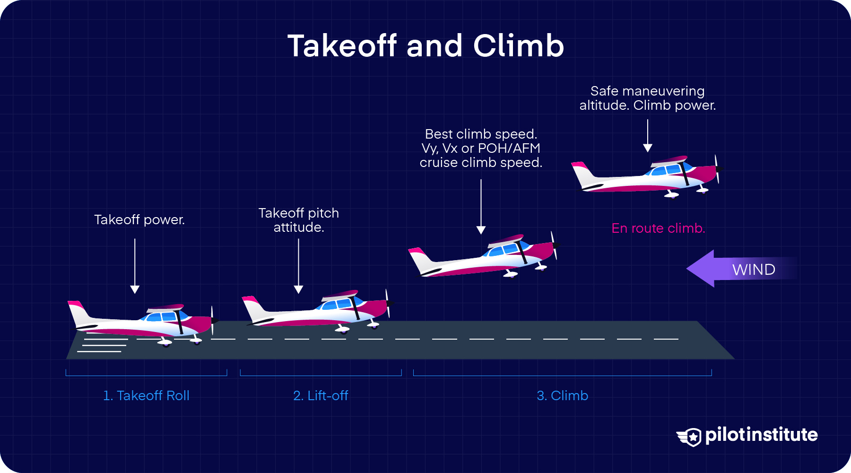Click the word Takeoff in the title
coord(342,46)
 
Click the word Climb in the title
coord(519,46)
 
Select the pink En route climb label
coord(658,228)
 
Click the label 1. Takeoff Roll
coord(146,395)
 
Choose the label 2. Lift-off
coord(321,395)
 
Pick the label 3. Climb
coord(562,395)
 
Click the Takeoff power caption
coord(139,220)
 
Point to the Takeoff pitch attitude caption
coord(299,220)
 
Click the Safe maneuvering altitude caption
coord(648,98)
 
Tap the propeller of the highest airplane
coord(717,169)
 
